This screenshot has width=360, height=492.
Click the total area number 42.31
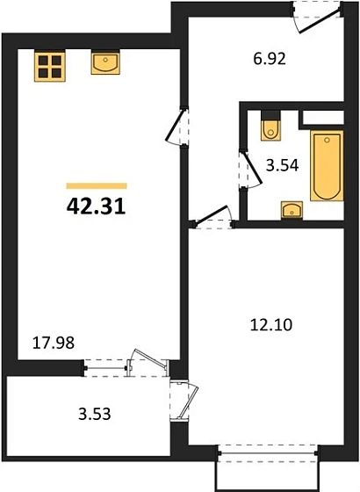point(97,209)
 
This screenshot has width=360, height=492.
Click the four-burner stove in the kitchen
point(50,66)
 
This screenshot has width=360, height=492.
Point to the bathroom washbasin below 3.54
point(291,210)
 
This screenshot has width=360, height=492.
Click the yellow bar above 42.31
point(97,185)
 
